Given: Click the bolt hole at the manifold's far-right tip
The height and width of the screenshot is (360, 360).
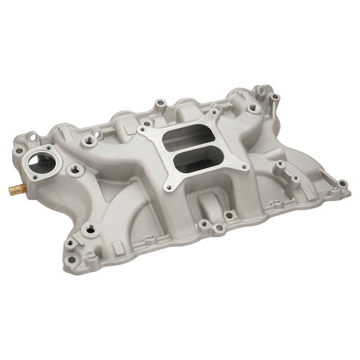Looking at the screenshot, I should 342,184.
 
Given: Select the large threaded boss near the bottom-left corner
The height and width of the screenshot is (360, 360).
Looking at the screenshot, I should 90,229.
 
